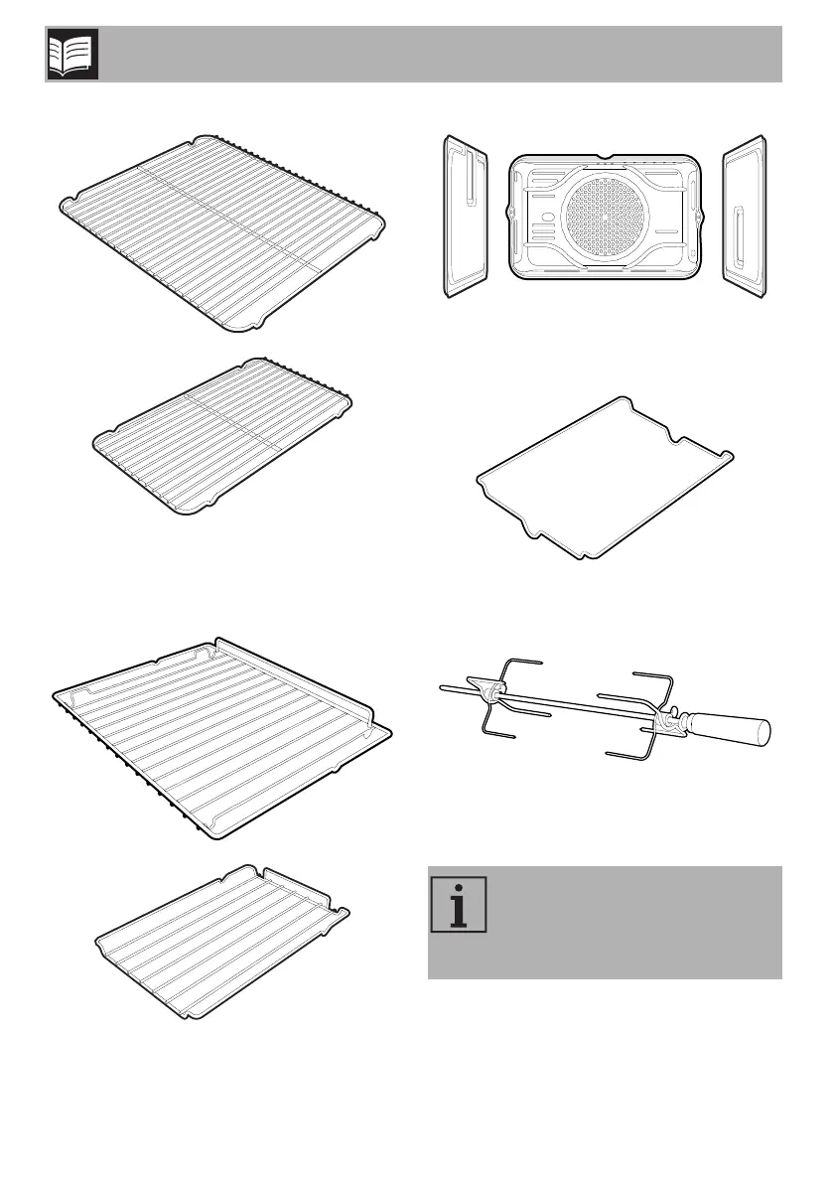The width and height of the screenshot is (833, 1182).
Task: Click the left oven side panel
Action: point(467,217)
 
